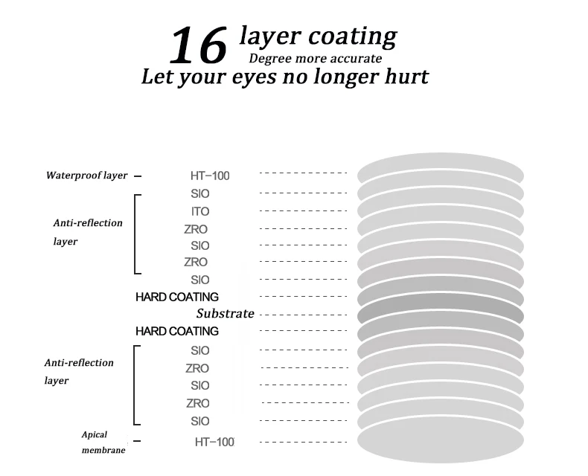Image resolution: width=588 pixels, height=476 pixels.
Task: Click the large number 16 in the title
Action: point(199,45)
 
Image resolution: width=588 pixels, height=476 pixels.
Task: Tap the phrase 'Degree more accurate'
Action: point(316,59)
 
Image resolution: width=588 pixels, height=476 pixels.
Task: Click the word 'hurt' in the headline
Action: point(406,77)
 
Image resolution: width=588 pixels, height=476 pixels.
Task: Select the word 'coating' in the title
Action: point(353,36)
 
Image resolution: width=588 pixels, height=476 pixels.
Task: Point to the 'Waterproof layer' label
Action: point(86,176)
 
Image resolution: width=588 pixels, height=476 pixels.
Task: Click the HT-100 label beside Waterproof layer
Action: point(210,176)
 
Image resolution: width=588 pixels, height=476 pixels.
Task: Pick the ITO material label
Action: point(200,211)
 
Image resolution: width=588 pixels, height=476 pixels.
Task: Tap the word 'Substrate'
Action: point(226,313)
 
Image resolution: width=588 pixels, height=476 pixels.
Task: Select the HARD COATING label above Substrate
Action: point(177,297)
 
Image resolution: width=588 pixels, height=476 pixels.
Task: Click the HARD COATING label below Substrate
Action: point(177,331)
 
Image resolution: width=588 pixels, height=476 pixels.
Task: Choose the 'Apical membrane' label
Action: point(103,443)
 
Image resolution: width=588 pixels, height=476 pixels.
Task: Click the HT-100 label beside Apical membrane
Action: point(214,443)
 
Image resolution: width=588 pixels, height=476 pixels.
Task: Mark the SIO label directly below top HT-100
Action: point(200,194)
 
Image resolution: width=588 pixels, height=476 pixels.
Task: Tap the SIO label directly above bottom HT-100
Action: point(200,421)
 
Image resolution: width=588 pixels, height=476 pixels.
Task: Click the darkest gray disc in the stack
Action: point(441,314)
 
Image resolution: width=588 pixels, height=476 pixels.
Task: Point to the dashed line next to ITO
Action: point(303,211)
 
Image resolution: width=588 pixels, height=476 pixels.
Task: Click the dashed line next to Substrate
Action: point(303,315)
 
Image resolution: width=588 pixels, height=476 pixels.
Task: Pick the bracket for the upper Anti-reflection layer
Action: point(135,234)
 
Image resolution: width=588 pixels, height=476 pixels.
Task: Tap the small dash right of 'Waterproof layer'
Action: point(138,176)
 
